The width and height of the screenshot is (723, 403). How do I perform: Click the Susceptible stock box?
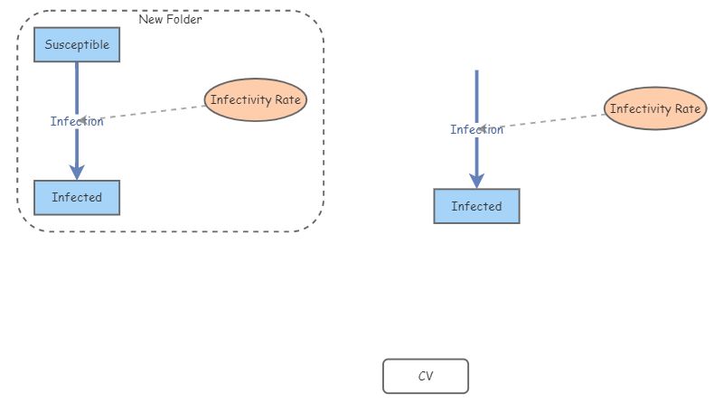(77, 44)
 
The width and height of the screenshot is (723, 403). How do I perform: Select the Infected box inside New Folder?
(77, 197)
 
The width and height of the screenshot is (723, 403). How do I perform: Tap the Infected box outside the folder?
(476, 206)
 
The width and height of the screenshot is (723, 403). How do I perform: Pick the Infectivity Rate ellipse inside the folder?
(256, 100)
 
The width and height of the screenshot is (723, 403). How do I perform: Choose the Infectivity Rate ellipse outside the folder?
(655, 109)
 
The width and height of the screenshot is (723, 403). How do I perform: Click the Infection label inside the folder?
(77, 121)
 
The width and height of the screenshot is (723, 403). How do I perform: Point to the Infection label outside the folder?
(476, 129)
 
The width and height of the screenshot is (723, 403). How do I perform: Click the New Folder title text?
(170, 19)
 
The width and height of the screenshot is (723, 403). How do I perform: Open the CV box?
(426, 376)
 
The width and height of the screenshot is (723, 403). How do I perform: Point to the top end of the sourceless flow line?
(476, 72)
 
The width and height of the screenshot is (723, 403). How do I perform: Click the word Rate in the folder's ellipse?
(286, 100)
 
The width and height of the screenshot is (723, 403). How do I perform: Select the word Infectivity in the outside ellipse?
(640, 109)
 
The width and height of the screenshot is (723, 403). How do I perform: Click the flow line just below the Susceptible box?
(77, 77)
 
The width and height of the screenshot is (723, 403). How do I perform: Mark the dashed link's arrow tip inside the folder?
(81, 121)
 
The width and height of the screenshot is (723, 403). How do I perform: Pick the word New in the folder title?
(150, 19)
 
